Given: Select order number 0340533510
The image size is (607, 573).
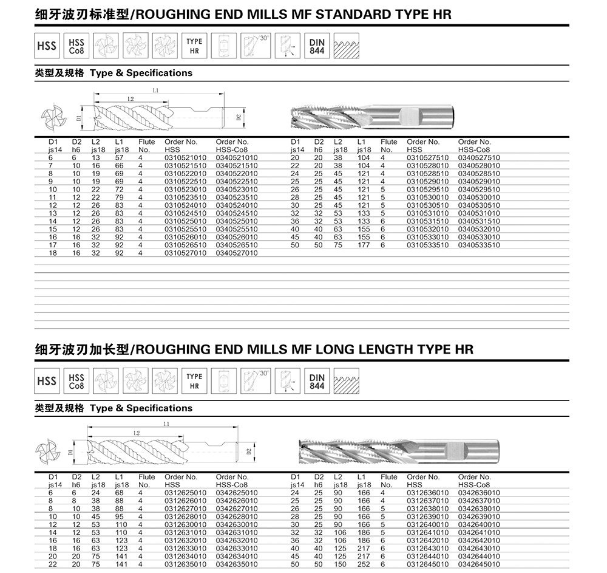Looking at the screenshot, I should click(x=479, y=245).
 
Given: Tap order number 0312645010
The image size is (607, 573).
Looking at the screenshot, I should click(x=427, y=564).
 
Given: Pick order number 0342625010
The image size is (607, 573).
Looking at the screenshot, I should click(x=237, y=492).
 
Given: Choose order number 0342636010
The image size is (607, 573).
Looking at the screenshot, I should click(x=479, y=492).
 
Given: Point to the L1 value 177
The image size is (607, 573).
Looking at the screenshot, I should click(x=364, y=245).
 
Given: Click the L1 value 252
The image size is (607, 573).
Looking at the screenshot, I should click(x=364, y=564).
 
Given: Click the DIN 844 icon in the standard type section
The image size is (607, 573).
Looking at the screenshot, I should click(x=317, y=46).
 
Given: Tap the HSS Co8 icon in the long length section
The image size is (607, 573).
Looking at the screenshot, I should click(x=76, y=381).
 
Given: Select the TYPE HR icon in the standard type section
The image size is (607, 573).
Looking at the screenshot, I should click(x=194, y=46).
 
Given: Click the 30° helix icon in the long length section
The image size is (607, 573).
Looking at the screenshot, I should click(x=256, y=381).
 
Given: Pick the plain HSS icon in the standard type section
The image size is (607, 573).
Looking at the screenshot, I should click(x=47, y=46).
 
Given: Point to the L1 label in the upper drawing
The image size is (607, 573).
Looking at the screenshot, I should click(x=156, y=90).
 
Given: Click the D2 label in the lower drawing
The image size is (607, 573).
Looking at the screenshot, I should click(x=248, y=451).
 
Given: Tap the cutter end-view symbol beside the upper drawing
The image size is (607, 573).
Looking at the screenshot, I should click(x=52, y=117).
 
